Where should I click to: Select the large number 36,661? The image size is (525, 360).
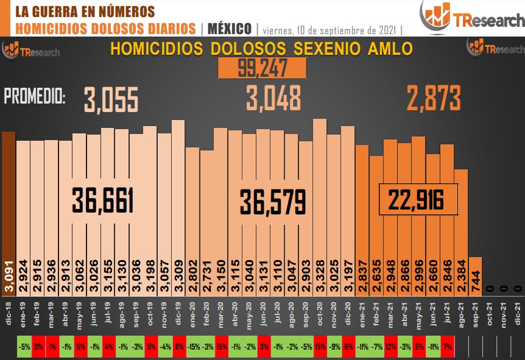point(102,200)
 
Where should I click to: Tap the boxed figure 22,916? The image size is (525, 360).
point(418,199)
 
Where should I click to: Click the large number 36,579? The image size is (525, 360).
point(272,202)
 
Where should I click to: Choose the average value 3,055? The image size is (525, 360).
point(111,99)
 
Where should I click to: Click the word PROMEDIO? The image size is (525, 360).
point(35,96)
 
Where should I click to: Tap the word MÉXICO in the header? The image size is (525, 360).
point(230,29)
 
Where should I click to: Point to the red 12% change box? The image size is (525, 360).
point(390,347)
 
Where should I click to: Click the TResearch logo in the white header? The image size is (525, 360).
point(471,17)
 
